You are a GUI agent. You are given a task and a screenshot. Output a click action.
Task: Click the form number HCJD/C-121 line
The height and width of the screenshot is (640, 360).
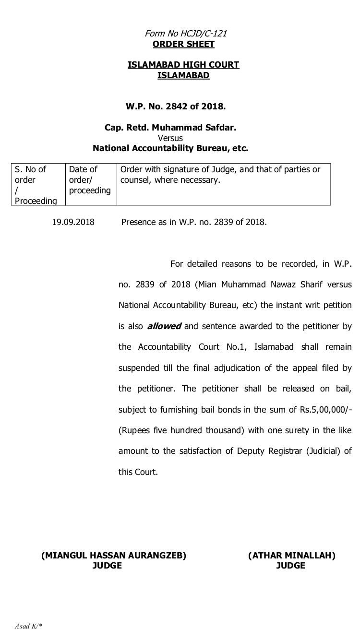[x=186, y=34]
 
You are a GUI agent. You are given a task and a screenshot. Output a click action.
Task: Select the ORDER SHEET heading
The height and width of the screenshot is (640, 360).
[x=183, y=45]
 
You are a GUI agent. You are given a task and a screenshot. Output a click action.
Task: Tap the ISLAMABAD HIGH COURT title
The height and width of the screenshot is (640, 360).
[x=183, y=65]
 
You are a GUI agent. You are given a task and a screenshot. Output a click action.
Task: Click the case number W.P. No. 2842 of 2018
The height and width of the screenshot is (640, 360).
[x=176, y=106]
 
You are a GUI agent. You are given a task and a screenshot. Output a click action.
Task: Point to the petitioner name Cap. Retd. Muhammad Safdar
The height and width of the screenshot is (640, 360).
[x=170, y=128]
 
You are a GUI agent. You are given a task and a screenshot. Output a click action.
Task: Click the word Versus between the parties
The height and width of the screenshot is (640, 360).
[x=170, y=138]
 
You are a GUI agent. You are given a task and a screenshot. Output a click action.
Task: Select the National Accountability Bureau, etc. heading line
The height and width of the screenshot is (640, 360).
[x=170, y=148]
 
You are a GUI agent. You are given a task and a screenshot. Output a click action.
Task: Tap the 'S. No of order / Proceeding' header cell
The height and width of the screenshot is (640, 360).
[x=38, y=185]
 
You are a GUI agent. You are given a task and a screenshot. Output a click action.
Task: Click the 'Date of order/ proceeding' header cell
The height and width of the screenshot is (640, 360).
[x=90, y=180]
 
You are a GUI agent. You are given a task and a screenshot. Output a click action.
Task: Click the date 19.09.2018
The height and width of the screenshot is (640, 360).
[x=73, y=223]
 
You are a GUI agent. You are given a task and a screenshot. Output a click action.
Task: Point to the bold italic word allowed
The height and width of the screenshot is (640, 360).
[x=164, y=326]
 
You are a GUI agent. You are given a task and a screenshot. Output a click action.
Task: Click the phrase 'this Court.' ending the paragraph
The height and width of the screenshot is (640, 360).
[x=138, y=472]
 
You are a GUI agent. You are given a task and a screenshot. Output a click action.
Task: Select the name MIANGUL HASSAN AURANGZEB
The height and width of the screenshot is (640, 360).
[x=114, y=556]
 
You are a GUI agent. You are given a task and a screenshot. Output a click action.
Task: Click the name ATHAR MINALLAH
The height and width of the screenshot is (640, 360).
[x=292, y=556]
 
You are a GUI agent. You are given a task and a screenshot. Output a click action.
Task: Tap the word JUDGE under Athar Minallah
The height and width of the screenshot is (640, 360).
[x=291, y=566]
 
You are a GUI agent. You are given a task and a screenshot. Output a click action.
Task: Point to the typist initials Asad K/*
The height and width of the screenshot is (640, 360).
[x=28, y=626]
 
